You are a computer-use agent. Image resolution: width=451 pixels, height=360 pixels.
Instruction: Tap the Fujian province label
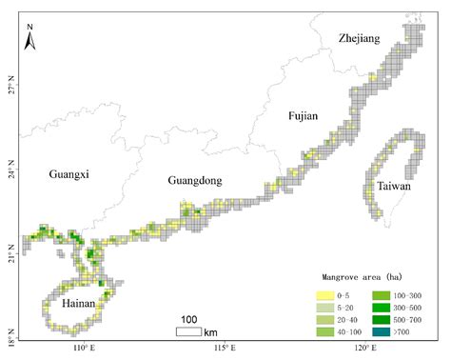coord(302,115)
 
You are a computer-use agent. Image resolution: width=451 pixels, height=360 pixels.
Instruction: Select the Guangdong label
coord(194,181)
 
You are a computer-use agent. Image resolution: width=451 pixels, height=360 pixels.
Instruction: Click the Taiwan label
coord(393,187)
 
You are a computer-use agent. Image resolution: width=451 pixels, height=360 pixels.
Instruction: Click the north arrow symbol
coord(29,38)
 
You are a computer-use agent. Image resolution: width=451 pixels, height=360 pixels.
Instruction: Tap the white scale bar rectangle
coord(188,331)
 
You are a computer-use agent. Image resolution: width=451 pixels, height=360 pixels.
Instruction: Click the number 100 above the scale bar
coord(188,318)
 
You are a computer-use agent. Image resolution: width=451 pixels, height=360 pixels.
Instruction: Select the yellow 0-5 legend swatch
coord(326,295)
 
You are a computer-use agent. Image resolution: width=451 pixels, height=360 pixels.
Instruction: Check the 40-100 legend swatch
coord(326,331)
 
